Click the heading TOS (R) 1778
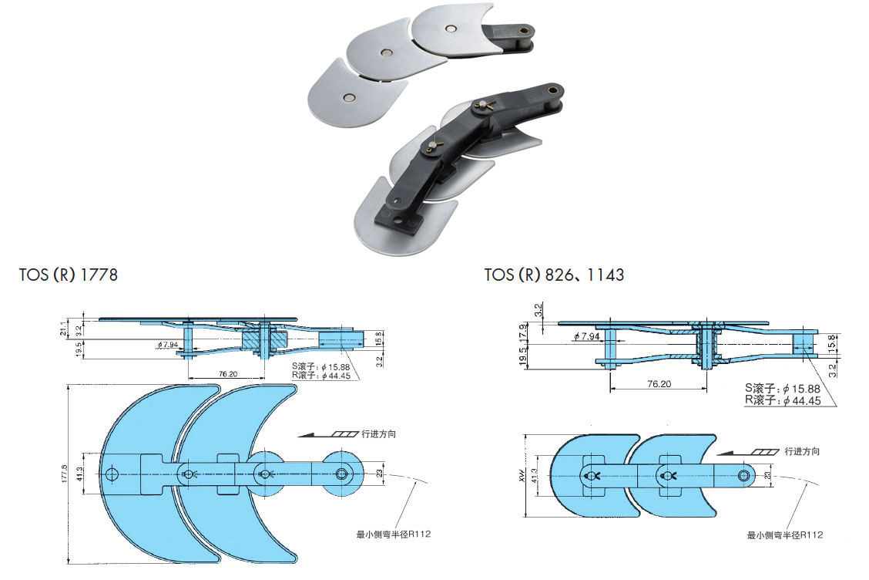click(x=69, y=275)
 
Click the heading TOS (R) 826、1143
click(x=554, y=275)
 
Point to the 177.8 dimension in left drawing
click(x=65, y=474)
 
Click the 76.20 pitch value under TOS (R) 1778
click(x=226, y=373)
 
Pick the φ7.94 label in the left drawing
click(x=168, y=344)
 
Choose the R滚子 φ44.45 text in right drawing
click(x=782, y=400)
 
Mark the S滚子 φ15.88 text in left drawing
click(x=320, y=366)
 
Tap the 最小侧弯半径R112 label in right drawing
click(x=784, y=535)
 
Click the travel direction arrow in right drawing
click(x=747, y=452)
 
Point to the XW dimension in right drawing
click(x=523, y=475)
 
